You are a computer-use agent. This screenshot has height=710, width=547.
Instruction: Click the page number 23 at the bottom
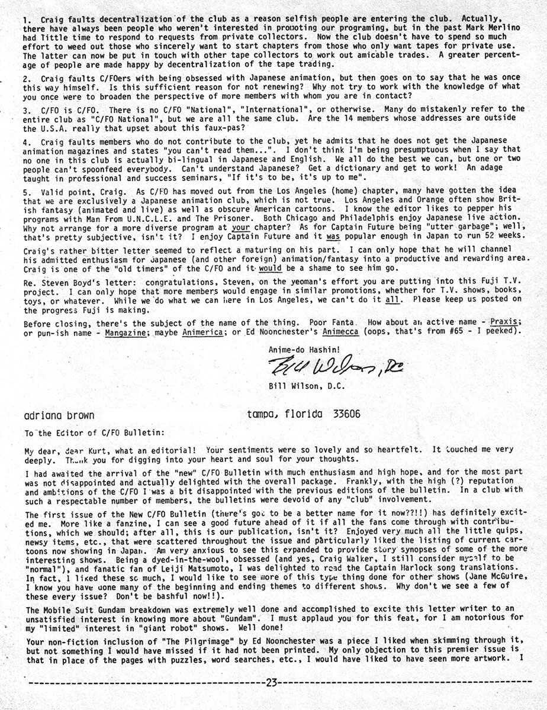point(272,682)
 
